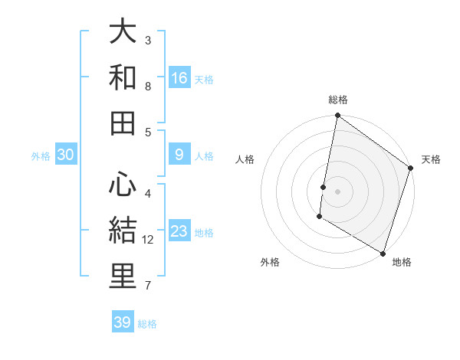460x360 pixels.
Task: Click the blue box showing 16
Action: click(179, 77)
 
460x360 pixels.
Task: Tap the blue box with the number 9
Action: click(179, 155)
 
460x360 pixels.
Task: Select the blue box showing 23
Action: click(179, 231)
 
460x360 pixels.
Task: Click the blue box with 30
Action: click(66, 155)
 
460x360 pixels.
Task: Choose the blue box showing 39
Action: click(123, 322)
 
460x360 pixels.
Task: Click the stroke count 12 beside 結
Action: click(149, 240)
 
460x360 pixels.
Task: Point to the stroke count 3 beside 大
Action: click(148, 40)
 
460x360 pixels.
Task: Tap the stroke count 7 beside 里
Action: click(148, 286)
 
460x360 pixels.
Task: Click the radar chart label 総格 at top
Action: click(338, 100)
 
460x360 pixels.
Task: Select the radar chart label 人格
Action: click(245, 159)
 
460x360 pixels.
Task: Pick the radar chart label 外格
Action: click(270, 262)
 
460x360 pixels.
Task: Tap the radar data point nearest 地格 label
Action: click(382, 253)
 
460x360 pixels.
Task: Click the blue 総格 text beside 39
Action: click(148, 323)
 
